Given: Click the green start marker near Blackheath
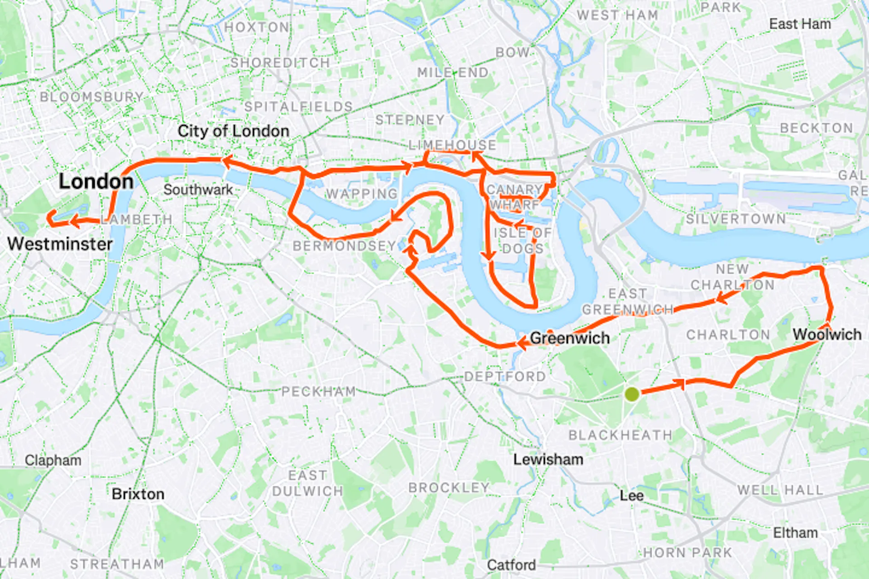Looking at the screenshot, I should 632,394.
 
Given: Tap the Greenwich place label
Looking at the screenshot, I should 569,338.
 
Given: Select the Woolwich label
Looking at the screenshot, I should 827,334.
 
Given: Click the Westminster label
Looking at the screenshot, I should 60,244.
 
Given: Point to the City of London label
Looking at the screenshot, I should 233,131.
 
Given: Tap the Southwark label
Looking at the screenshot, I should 198,190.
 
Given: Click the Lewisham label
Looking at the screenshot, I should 548,460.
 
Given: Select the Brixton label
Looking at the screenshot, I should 138,494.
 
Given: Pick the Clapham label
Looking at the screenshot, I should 53,460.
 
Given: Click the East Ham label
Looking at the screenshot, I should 800,24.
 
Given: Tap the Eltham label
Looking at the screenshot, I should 795,533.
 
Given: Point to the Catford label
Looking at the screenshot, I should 511,565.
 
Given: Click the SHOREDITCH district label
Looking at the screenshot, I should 280,63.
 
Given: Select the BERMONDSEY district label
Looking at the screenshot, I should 344,246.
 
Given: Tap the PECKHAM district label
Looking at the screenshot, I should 319,391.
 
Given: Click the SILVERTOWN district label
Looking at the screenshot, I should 735,219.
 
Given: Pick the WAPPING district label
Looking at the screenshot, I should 361,194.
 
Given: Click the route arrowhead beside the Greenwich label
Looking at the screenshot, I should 521,343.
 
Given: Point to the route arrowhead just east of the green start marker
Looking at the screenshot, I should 680,384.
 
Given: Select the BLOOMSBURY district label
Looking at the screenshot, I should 91,97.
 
